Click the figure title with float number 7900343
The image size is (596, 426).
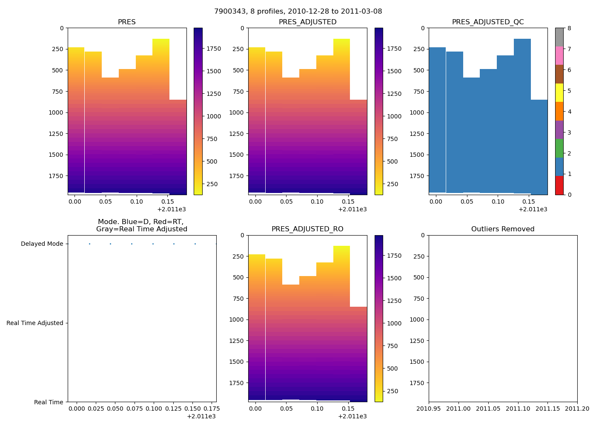tap(298, 12)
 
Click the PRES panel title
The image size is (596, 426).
tap(127, 22)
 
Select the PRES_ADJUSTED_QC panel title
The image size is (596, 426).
tap(488, 22)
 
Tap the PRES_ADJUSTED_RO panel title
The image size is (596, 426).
tap(307, 229)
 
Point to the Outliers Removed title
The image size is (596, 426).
tap(503, 229)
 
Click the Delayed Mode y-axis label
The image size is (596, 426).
tap(42, 244)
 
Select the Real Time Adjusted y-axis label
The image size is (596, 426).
tap(35, 323)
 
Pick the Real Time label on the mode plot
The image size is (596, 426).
tap(49, 402)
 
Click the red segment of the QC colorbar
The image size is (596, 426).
tap(559, 185)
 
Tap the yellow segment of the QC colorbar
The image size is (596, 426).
tap(559, 93)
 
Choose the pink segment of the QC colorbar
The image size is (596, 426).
tap(559, 56)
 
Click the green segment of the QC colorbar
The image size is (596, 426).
tap(559, 148)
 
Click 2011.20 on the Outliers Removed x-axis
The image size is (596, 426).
tap(577, 409)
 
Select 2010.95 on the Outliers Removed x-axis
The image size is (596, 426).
tap(429, 409)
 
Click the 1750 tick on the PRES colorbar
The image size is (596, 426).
tap(214, 49)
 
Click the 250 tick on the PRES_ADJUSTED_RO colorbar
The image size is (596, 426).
tap(393, 391)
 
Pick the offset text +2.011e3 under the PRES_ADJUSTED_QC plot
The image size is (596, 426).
tap(533, 209)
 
